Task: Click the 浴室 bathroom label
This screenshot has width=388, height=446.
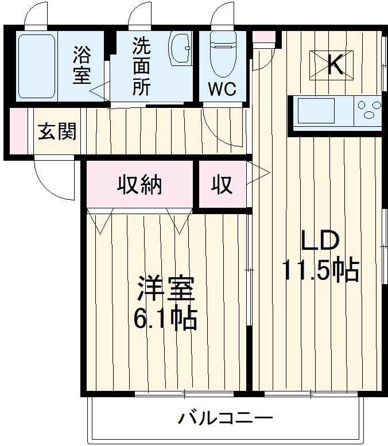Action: coord(82,66)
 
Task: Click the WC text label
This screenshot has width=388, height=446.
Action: coord(220,90)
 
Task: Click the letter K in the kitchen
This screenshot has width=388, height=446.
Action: coord(335,65)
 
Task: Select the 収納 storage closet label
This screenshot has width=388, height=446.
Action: coord(140,185)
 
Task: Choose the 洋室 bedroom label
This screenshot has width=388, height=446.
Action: coord(166,290)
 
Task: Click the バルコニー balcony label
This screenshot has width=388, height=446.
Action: coord(224,417)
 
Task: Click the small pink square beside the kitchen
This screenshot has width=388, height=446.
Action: coord(264,37)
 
